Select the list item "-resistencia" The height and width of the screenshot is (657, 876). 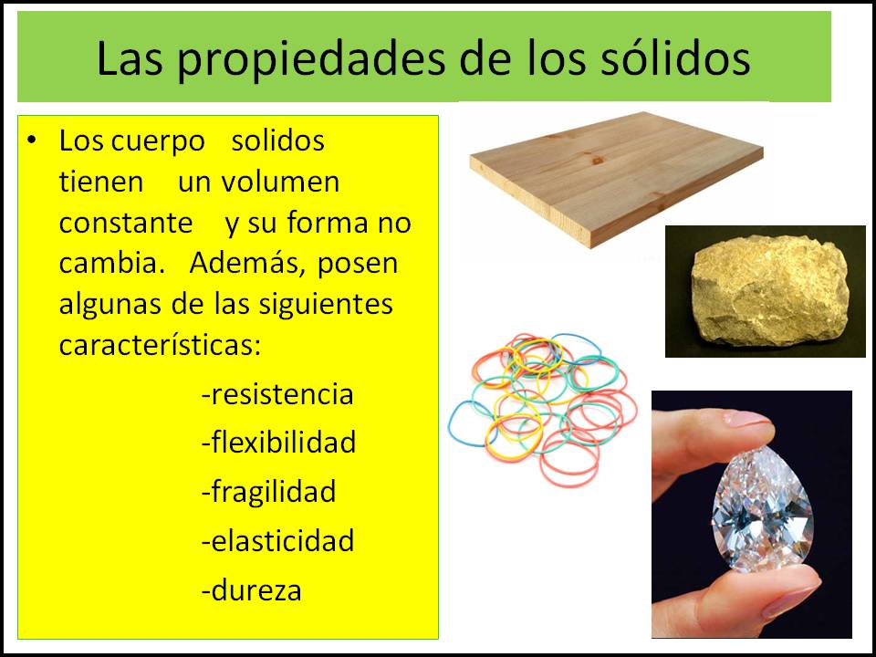pos(276,395)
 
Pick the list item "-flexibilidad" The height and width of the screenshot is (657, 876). pos(278,443)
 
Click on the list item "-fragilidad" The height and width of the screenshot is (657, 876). pos(268,493)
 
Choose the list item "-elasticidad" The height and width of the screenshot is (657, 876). pos(277,541)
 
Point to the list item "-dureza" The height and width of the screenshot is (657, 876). pos(251,590)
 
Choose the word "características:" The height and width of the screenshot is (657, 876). pos(160,346)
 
